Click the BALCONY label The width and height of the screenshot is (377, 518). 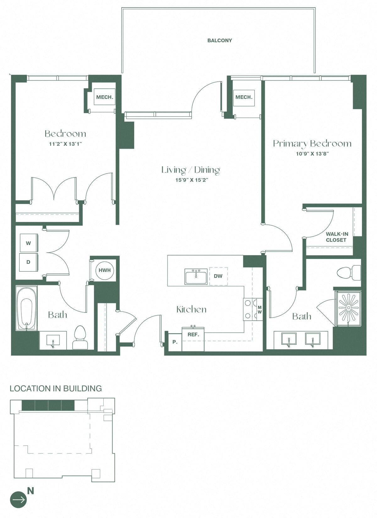click(220, 41)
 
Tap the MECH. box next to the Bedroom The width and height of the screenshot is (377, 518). click(105, 97)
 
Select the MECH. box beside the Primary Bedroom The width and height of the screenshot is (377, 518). click(244, 97)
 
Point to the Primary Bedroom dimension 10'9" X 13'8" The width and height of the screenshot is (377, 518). click(312, 154)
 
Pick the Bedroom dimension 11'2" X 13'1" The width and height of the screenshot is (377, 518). click(65, 144)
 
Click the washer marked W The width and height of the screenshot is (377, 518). click(29, 243)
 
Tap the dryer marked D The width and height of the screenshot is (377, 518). click(29, 262)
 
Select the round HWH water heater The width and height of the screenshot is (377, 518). click(105, 270)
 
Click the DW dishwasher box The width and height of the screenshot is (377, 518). click(218, 276)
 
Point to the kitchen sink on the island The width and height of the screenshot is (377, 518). click(196, 277)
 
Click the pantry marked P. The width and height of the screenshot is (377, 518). click(175, 342)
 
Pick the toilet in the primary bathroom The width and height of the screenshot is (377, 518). click(349, 273)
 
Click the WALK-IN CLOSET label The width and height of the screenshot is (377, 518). click(336, 237)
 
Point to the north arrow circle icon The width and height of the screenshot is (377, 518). click(19, 499)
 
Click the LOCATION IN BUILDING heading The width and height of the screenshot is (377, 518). click(56, 389)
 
